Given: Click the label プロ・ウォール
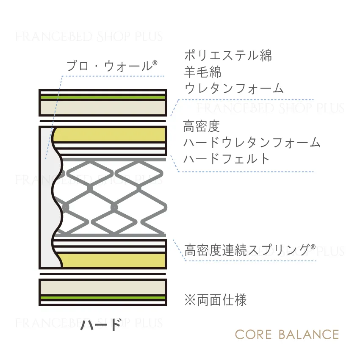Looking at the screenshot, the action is click(x=109, y=66).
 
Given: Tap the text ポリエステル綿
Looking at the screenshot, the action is click(x=228, y=55).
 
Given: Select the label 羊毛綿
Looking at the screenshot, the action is click(x=203, y=72).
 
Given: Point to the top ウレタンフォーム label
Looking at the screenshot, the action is click(x=234, y=88).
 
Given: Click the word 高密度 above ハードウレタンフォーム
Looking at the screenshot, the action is click(x=201, y=126).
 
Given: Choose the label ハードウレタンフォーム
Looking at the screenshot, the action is click(x=252, y=142).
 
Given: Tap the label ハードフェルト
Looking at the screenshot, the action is click(x=227, y=159).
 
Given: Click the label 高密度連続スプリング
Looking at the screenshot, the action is click(x=247, y=250).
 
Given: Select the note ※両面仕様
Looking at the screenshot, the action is click(x=215, y=300).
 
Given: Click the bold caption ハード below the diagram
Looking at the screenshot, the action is click(x=100, y=325).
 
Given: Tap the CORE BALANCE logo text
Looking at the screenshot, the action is click(x=287, y=335).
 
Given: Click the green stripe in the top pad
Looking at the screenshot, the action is click(x=103, y=97).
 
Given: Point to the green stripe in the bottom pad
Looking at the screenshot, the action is click(x=103, y=298).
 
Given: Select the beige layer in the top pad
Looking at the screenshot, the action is click(x=103, y=108).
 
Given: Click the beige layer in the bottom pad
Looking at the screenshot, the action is click(x=103, y=288).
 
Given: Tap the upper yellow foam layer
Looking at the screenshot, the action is click(x=110, y=135).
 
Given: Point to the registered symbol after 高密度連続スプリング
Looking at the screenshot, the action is click(x=313, y=247).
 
